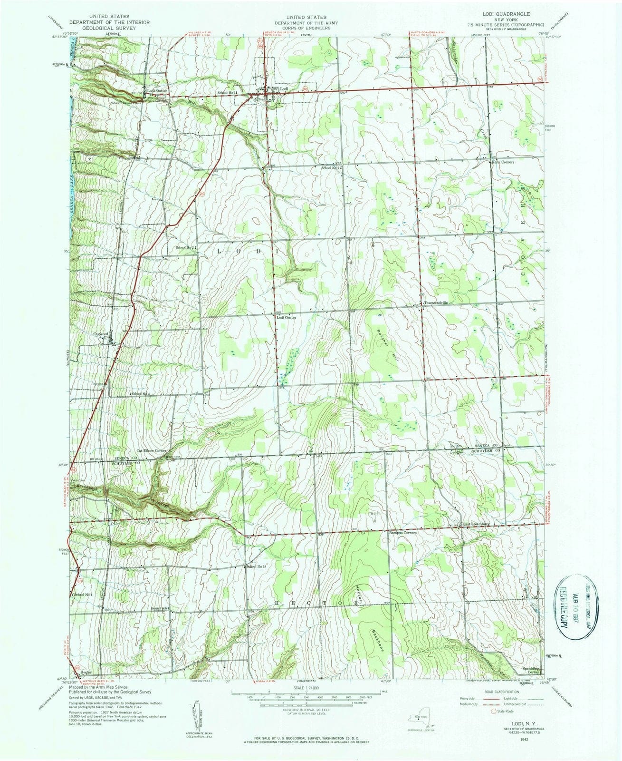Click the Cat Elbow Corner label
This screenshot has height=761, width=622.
(x=152, y=450)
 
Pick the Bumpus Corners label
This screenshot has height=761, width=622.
(x=403, y=533)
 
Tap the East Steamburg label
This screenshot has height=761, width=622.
(x=476, y=524)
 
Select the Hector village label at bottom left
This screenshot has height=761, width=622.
(x=86, y=672)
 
